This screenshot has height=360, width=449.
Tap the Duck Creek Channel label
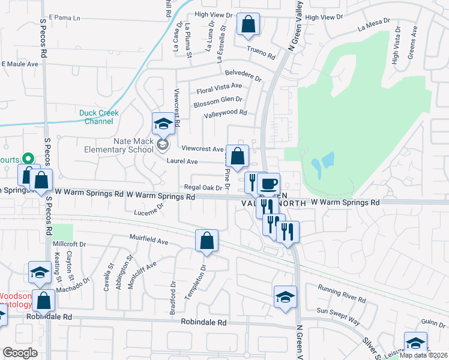pyautogui.click(x=99, y=117)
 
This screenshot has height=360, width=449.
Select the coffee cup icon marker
pyautogui.click(x=268, y=184)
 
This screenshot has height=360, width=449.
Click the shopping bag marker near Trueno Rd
pyautogui.click(x=248, y=25)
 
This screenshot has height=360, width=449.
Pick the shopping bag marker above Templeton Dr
pyautogui.click(x=206, y=241)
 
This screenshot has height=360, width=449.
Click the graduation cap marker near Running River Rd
pyautogui.click(x=285, y=296)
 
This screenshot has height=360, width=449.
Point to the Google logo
pyautogui.click(x=20, y=352)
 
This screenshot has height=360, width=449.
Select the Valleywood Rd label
pyautogui.click(x=226, y=113)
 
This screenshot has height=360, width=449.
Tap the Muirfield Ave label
pyautogui.click(x=149, y=239)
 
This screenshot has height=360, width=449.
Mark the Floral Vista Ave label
pyautogui.click(x=219, y=89)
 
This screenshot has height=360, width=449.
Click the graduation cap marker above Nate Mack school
pyautogui.click(x=161, y=124)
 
